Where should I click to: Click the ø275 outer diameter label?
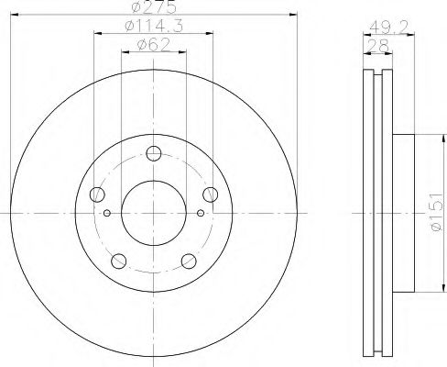coord(151,7)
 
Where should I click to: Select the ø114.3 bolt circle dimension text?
coord(151,28)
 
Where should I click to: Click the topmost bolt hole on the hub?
coord(153,152)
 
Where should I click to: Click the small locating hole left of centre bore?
coord(107,214)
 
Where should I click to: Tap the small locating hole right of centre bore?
coord(199,214)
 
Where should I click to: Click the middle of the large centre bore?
coord(153,212)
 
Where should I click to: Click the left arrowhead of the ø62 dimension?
coord(125,52)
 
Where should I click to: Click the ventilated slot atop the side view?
coord(376,72)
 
